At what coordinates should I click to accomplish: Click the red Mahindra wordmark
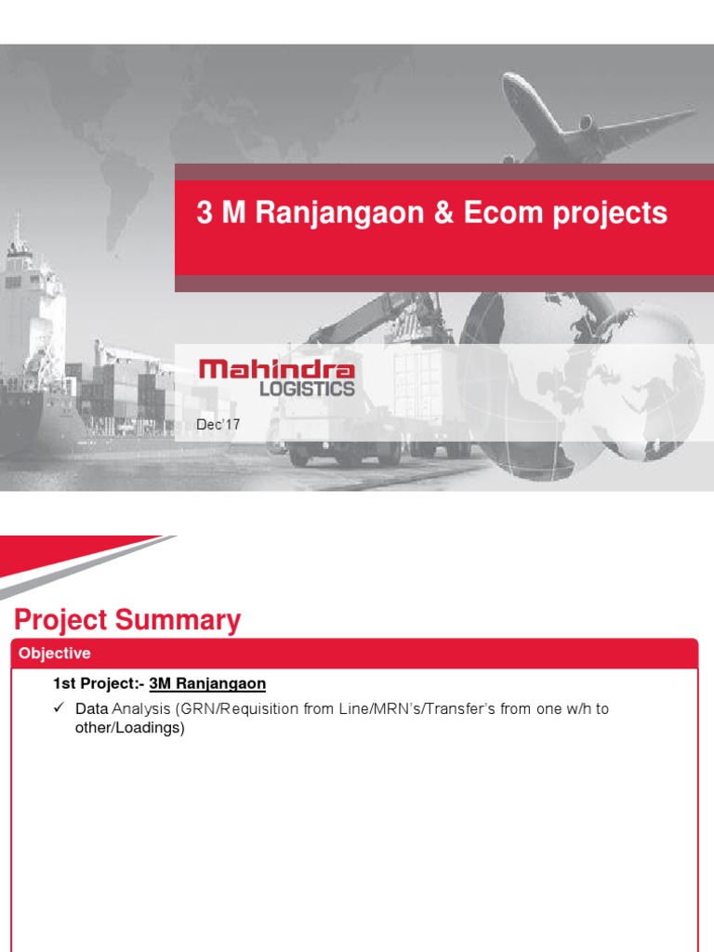click(x=276, y=371)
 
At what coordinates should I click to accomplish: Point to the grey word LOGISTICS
click(x=307, y=389)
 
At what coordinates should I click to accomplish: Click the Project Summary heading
click(x=127, y=620)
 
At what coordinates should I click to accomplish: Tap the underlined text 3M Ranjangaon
click(x=207, y=683)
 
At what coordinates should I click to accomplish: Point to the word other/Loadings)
click(x=130, y=728)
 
